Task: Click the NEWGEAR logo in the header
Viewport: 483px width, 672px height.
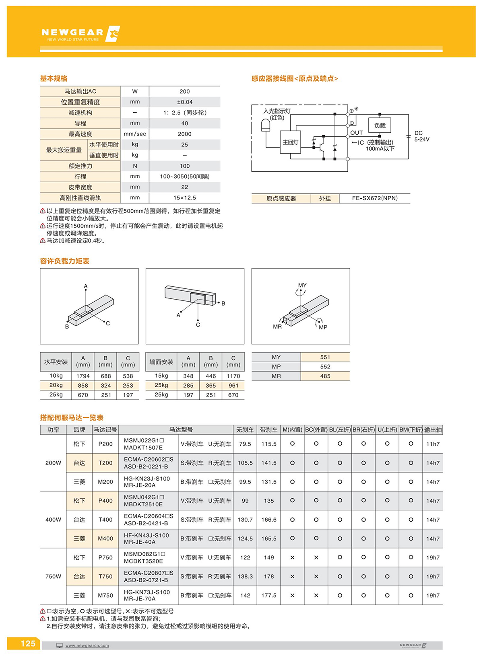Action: click(80, 34)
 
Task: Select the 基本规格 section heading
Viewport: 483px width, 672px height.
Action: click(54, 78)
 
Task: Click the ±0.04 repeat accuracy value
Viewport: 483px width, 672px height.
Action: click(184, 102)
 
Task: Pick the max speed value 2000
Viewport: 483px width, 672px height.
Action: click(184, 134)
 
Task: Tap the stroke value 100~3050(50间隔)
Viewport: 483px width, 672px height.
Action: click(184, 177)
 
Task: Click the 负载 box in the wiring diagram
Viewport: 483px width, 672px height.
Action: click(380, 125)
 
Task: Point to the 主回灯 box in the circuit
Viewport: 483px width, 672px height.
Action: click(290, 142)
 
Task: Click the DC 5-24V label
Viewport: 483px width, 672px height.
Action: click(421, 136)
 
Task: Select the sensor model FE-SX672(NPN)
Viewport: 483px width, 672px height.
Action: click(374, 198)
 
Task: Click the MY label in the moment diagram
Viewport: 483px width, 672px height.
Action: click(302, 285)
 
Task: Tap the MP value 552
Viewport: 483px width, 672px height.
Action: click(325, 367)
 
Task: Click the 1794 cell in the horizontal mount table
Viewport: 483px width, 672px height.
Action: click(83, 376)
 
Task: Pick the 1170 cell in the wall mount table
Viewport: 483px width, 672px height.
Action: click(233, 376)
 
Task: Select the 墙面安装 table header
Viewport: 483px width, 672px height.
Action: click(161, 362)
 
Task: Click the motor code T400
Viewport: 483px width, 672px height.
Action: click(105, 520)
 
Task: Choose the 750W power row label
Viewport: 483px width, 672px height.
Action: click(53, 576)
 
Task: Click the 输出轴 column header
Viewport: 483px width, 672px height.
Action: click(433, 430)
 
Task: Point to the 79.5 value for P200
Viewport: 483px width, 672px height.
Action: click(245, 444)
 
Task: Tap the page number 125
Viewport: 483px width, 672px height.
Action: click(28, 643)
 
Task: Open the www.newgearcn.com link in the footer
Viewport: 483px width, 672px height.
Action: click(87, 645)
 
